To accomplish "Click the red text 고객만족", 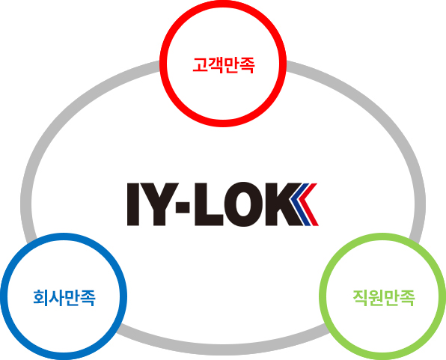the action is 223,65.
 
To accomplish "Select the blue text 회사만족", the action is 64,298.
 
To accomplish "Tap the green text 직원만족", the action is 384,298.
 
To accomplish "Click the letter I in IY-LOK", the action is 133,204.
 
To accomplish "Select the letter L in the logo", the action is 208,204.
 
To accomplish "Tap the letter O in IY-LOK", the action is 243,204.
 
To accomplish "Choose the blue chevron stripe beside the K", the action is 302,204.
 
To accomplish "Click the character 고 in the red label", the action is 201,65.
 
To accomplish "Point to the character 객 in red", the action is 216,65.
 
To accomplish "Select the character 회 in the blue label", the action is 40,298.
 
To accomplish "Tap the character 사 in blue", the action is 56,298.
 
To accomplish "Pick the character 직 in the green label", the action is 361,298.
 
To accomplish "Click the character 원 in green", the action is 376,298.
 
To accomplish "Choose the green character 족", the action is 407,298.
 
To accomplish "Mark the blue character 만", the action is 72,298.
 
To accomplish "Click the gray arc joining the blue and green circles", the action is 223,350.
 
